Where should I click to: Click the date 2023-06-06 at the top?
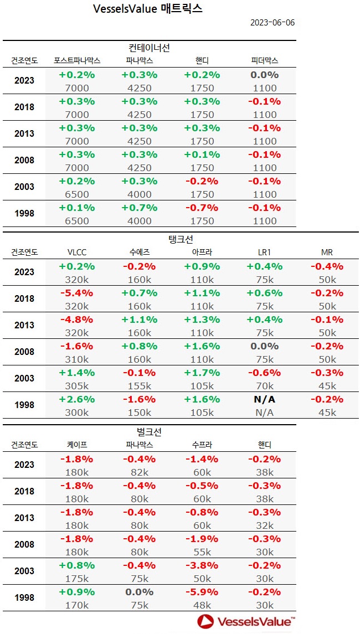[272, 23]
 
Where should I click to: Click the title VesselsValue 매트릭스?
[148, 9]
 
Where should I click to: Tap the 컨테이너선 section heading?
[148, 48]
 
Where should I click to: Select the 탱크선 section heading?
[180, 240]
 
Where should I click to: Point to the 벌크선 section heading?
[148, 432]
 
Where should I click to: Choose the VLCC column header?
[76, 252]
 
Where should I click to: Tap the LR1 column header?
[265, 252]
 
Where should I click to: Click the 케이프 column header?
[76, 445]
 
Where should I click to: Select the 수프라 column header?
[202, 445]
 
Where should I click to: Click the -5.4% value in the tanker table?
[76, 292]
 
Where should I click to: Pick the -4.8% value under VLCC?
[76, 319]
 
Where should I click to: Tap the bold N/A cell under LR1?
[265, 399]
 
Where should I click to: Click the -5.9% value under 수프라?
[202, 591]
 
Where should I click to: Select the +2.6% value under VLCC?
[76, 399]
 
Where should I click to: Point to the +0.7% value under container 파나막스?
[139, 208]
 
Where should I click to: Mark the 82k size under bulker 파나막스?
[139, 472]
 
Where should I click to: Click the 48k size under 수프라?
[202, 605]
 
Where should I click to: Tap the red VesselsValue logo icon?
[205, 622]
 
